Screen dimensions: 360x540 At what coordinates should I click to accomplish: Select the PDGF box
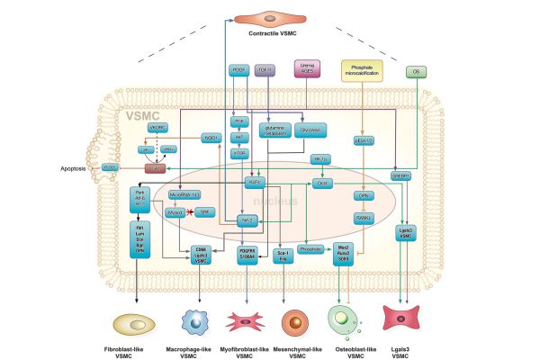point(238,69)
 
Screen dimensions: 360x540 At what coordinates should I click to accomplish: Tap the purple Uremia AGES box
point(305,68)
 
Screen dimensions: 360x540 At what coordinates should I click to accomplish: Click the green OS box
point(416,69)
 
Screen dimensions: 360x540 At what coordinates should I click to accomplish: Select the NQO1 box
point(209,138)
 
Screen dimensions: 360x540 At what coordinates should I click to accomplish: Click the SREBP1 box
point(401,177)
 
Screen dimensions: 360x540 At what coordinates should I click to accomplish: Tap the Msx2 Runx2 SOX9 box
point(342,251)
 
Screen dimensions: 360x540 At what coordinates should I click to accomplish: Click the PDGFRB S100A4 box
point(247,255)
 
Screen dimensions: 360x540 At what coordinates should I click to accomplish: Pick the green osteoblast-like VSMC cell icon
point(345,322)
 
